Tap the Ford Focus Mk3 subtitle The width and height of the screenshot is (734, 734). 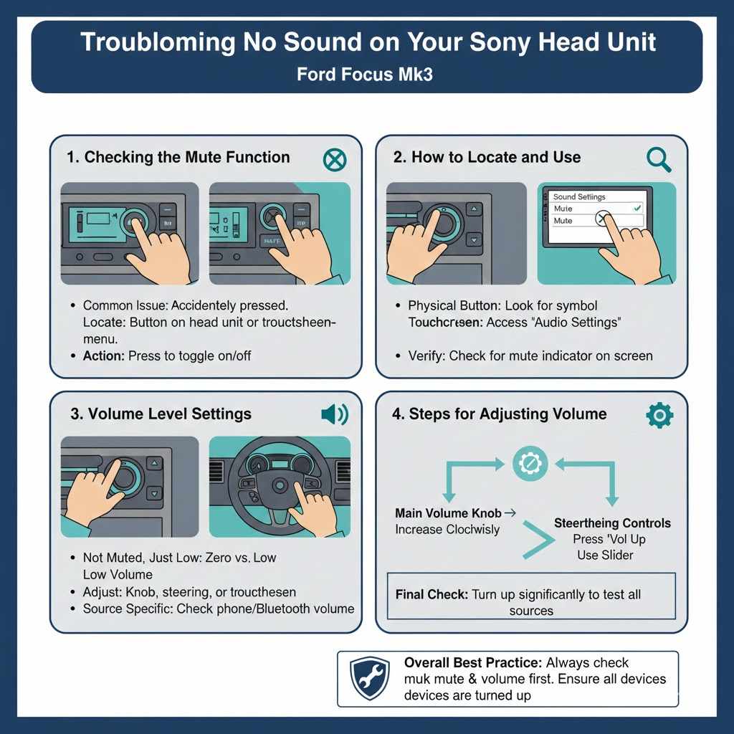(x=366, y=75)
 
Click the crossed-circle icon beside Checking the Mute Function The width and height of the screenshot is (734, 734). (x=334, y=159)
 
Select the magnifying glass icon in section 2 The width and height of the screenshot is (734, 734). (x=658, y=159)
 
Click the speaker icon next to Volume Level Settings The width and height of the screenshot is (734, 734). (x=334, y=414)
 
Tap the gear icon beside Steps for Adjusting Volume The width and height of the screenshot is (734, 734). (x=659, y=415)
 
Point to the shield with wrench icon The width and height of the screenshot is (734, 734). (x=370, y=678)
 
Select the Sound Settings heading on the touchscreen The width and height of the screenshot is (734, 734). (x=579, y=196)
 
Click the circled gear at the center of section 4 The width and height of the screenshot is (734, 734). (x=530, y=464)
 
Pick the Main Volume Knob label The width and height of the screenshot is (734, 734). (x=448, y=513)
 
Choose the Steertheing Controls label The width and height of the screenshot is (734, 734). (x=612, y=523)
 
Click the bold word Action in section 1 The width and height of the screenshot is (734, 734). (x=103, y=356)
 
